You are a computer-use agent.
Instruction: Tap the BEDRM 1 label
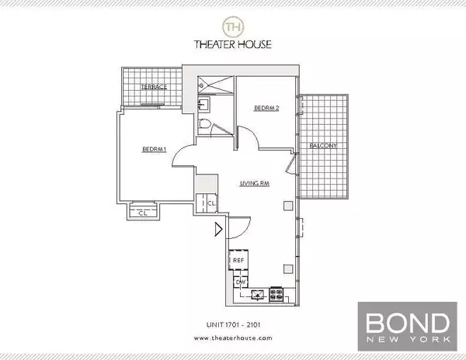click(155, 149)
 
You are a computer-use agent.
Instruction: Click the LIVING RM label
click(256, 184)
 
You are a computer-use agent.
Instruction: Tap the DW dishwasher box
click(239, 282)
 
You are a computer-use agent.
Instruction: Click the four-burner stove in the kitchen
click(275, 294)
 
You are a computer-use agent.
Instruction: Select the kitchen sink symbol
click(256, 294)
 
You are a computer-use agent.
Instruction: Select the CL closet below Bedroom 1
click(142, 212)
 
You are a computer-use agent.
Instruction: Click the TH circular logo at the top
click(232, 27)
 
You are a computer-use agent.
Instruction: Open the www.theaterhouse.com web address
click(232, 339)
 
